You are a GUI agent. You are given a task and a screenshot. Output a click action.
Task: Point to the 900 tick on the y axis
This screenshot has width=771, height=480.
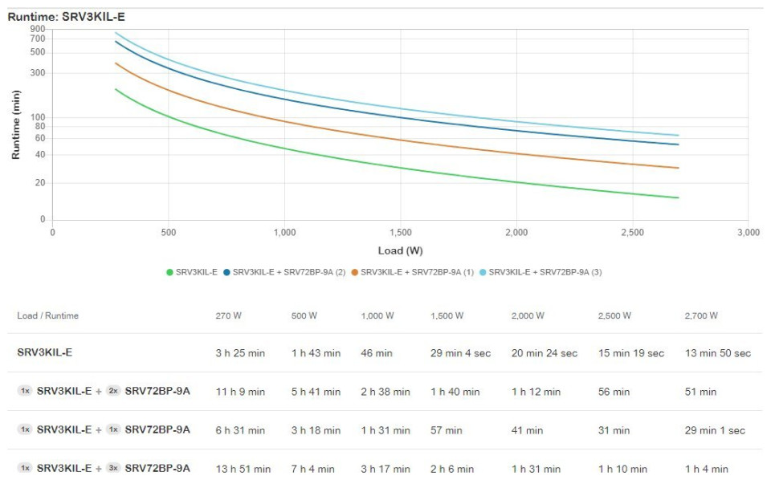coord(38,29)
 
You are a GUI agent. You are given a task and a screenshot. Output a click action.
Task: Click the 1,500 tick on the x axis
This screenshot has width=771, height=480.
coord(400,233)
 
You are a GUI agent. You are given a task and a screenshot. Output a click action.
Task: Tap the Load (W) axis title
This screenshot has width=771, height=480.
coord(400,250)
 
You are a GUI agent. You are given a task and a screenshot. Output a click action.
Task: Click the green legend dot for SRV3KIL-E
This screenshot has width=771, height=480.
coord(169,272)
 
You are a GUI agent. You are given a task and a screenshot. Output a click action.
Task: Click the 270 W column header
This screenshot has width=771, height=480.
coord(228,315)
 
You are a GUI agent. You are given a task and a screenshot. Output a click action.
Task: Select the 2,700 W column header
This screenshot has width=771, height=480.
coord(701,315)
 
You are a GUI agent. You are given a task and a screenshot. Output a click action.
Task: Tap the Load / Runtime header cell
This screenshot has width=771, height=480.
coord(47,315)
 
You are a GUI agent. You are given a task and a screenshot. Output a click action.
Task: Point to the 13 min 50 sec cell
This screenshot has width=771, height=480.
coord(717,353)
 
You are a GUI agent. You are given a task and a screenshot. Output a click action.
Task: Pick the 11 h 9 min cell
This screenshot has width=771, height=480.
coord(240,392)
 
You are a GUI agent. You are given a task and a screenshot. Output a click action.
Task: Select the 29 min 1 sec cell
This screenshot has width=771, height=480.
coord(715,430)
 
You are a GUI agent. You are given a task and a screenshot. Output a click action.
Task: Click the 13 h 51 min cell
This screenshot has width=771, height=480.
coord(243,469)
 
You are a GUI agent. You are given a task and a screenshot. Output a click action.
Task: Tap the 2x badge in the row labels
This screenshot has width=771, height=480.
coord(113,391)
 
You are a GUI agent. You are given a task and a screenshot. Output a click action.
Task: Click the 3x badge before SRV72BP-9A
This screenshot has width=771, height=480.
coord(113,468)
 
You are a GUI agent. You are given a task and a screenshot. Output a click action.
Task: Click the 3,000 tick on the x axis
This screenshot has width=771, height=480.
coord(748,233)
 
